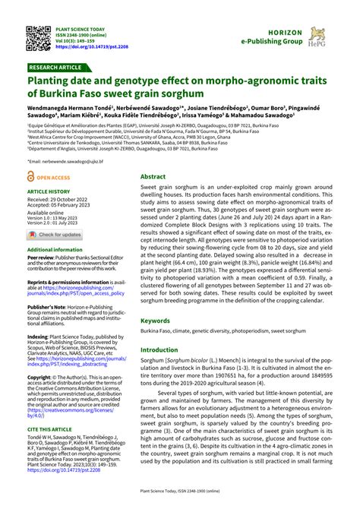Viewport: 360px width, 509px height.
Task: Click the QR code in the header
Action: coord(39,37)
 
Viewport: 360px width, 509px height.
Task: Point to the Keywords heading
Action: coord(156,321)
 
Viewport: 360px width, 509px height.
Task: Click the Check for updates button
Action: coord(55,234)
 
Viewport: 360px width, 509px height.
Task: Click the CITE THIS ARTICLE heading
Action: coord(50,429)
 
